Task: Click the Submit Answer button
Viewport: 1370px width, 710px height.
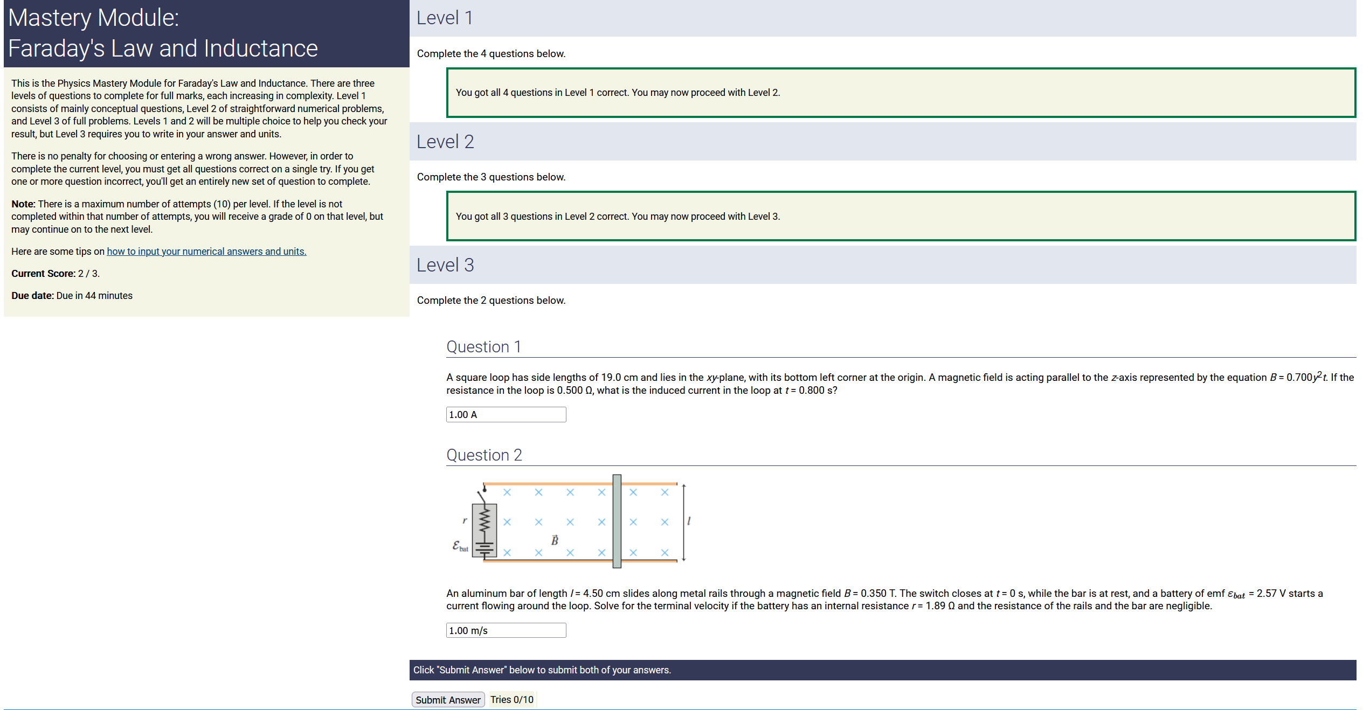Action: click(x=448, y=699)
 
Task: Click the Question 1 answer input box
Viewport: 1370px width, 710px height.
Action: click(x=506, y=414)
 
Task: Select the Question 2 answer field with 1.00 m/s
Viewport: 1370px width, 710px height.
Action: click(x=506, y=630)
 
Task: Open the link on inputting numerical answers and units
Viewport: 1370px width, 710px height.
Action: click(x=206, y=252)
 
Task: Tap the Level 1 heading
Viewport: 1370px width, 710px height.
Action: click(x=445, y=18)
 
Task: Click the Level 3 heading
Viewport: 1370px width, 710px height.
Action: click(x=445, y=265)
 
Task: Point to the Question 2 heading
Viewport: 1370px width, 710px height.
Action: click(x=484, y=455)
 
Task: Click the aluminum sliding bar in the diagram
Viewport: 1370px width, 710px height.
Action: click(x=617, y=521)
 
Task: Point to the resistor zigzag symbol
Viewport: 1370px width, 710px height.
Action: click(x=485, y=520)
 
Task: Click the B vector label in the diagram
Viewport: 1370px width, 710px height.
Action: click(x=555, y=539)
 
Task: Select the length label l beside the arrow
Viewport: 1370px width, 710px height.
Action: click(x=689, y=521)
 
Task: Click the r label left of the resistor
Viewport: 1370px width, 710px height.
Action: click(x=465, y=520)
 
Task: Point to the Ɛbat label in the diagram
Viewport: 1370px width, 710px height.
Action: click(x=460, y=546)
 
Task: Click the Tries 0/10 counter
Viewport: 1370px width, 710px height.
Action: click(x=512, y=699)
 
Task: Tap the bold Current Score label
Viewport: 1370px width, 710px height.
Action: click(x=43, y=274)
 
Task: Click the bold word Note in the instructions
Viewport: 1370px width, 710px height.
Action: click(x=23, y=204)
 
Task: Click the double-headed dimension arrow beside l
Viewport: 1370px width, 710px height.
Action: click(x=683, y=523)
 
